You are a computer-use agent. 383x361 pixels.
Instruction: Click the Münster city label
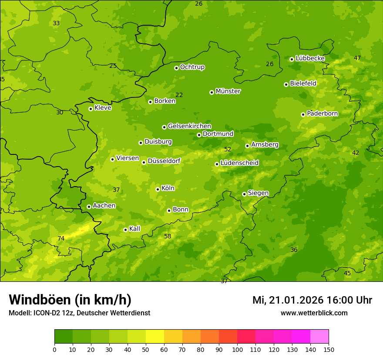pos(228,91)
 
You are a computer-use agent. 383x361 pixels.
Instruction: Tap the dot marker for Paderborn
pos(303,114)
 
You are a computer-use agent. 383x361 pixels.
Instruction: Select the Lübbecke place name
pos(310,58)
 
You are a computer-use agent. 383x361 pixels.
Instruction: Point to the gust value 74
pos(61,238)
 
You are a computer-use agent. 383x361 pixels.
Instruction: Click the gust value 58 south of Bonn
pos(168,236)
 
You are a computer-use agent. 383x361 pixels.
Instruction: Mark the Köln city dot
pos(158,189)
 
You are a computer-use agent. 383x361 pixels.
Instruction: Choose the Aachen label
pos(104,206)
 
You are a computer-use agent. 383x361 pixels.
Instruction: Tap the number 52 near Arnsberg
pos(228,149)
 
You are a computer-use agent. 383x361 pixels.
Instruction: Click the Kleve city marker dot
pos(91,109)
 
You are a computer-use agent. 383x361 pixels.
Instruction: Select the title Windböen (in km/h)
pos(70,300)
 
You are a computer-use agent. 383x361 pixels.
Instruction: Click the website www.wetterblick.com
pos(314,313)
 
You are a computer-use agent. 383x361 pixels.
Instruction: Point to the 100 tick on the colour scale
pos(237,349)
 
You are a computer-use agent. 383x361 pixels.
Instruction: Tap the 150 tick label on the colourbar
pos(329,349)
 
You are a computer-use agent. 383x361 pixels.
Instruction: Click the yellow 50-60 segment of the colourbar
pos(155,337)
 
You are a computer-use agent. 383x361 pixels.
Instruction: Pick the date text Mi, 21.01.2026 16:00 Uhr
pos(312,300)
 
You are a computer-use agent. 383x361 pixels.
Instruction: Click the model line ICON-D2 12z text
pos(79,313)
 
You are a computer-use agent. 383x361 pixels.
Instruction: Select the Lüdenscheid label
pos(239,163)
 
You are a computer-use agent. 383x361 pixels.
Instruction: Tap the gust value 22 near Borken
pos(179,95)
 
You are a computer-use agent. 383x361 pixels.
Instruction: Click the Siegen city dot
pos(244,194)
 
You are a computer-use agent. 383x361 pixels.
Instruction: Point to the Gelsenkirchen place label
pos(189,126)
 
